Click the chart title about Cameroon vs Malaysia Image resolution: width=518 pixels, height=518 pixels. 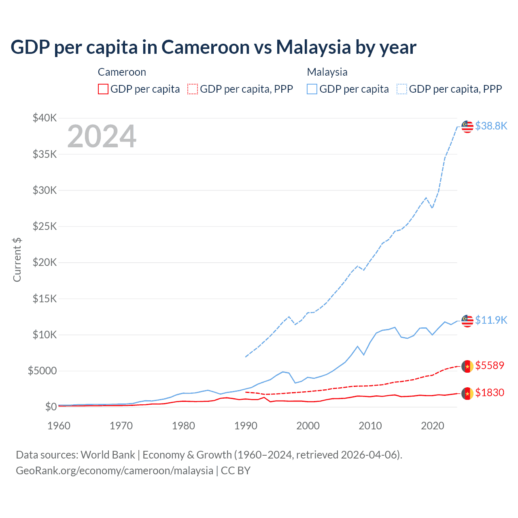[213, 47]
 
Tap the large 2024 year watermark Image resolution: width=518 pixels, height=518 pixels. [102, 136]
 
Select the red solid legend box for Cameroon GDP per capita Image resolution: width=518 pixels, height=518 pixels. [103, 89]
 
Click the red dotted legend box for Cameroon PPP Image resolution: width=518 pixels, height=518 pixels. [193, 89]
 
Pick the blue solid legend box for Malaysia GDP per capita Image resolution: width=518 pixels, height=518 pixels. [312, 89]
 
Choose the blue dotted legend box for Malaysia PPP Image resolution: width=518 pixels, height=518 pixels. [402, 89]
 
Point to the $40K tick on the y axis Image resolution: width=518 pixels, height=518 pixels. [45, 118]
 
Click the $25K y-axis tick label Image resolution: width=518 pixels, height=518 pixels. [45, 226]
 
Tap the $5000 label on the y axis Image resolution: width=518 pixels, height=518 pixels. [42, 371]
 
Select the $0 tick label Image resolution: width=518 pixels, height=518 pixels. [51, 407]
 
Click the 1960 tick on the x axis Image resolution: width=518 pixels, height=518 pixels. [59, 426]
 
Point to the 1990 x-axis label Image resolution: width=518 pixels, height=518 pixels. [246, 426]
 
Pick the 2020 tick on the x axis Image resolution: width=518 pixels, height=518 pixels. [433, 426]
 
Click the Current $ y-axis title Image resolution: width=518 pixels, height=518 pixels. [17, 260]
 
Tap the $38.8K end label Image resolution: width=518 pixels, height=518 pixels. [491, 126]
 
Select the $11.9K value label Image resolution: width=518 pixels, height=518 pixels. [491, 320]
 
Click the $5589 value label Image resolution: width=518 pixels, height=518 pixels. [490, 365]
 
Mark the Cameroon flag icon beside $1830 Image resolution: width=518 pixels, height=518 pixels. [467, 393]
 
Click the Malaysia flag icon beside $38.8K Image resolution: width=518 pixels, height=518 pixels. [467, 127]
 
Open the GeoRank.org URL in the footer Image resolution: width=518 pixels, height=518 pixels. [115, 471]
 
